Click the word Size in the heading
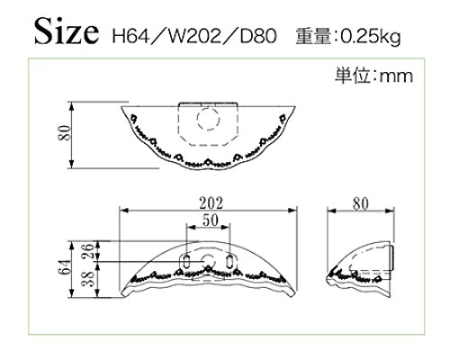point(67,31)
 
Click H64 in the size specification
point(130,36)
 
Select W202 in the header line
point(194,36)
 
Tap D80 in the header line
point(258,36)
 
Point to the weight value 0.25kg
point(371,37)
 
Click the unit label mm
point(397,76)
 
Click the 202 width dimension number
point(211,203)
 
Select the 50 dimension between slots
point(210,220)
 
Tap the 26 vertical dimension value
point(88,251)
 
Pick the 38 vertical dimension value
point(88,279)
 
